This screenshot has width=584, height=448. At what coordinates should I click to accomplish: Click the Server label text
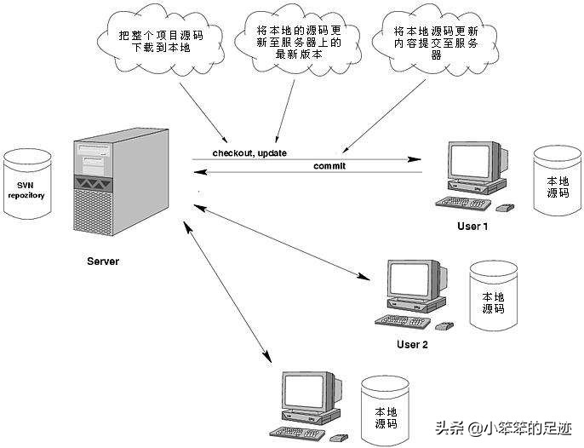[x=103, y=261]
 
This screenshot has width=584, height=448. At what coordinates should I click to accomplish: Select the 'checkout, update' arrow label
[x=249, y=152]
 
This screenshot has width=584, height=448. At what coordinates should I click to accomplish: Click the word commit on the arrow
[x=329, y=165]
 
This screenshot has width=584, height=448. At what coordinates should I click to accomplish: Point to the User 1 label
[x=473, y=226]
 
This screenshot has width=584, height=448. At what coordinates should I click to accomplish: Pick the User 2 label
[x=412, y=345]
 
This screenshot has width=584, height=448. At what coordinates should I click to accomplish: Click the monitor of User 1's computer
[x=473, y=162]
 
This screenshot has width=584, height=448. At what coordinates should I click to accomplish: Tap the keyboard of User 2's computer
[x=401, y=321]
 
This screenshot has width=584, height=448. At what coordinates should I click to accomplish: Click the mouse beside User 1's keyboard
[x=505, y=207]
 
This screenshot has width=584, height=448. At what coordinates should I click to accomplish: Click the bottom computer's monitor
[x=306, y=395]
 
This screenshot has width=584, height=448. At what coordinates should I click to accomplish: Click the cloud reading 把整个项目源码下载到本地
[x=159, y=39]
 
